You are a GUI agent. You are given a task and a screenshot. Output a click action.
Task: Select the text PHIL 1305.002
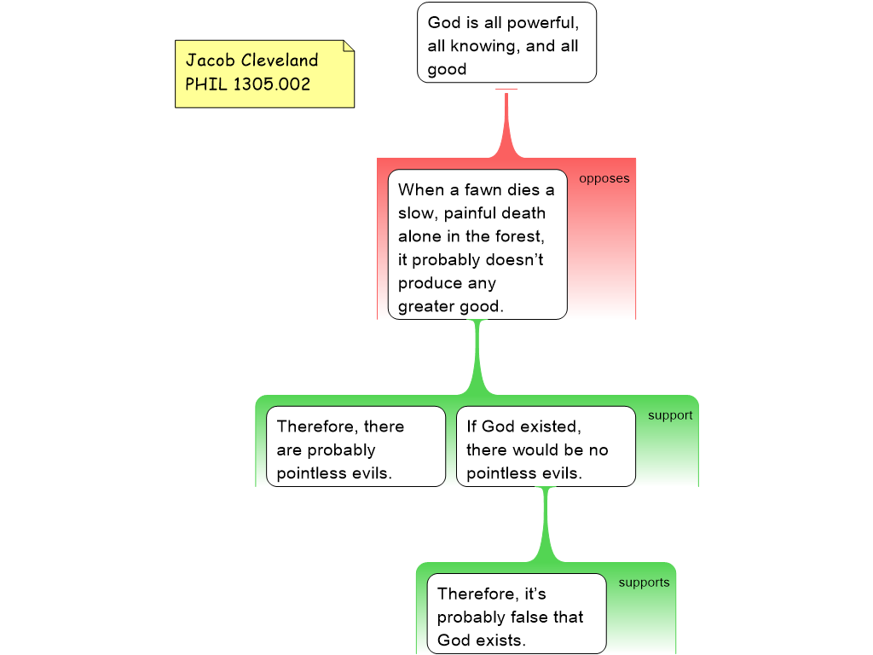coord(247,84)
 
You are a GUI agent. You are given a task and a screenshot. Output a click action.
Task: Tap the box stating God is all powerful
coord(506,43)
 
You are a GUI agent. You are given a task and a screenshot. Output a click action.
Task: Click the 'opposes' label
coord(604,178)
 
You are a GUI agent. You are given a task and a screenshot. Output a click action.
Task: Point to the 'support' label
coord(670,415)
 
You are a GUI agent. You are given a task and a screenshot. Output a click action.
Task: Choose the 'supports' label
coord(644,583)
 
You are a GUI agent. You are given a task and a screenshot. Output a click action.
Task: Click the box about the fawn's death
coord(477,244)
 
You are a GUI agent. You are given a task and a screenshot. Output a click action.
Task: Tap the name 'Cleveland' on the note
coord(279,61)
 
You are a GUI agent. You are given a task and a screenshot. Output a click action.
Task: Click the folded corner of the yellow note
coord(348,46)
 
